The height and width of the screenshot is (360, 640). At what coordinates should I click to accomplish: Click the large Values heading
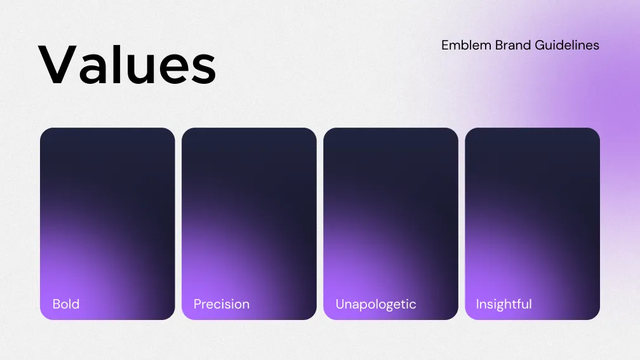pyautogui.click(x=127, y=65)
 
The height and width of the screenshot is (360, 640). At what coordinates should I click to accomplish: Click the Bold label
pyautogui.click(x=66, y=303)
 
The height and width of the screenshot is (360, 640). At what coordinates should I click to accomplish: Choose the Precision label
pyautogui.click(x=222, y=304)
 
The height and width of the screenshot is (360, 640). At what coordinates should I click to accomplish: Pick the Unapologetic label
pyautogui.click(x=376, y=304)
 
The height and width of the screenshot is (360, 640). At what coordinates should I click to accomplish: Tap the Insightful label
pyautogui.click(x=503, y=304)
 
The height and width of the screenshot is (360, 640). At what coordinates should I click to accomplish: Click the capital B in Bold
pyautogui.click(x=57, y=303)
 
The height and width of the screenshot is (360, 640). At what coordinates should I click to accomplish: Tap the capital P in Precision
pyautogui.click(x=197, y=303)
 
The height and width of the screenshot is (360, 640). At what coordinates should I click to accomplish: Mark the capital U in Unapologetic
pyautogui.click(x=340, y=303)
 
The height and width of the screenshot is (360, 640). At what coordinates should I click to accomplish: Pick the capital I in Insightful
pyautogui.click(x=477, y=303)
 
